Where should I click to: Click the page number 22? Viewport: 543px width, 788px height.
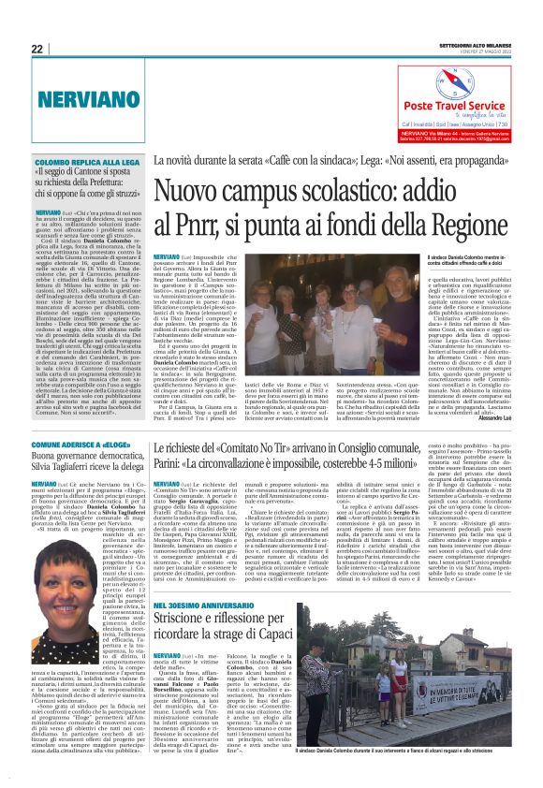[x=37, y=49]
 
